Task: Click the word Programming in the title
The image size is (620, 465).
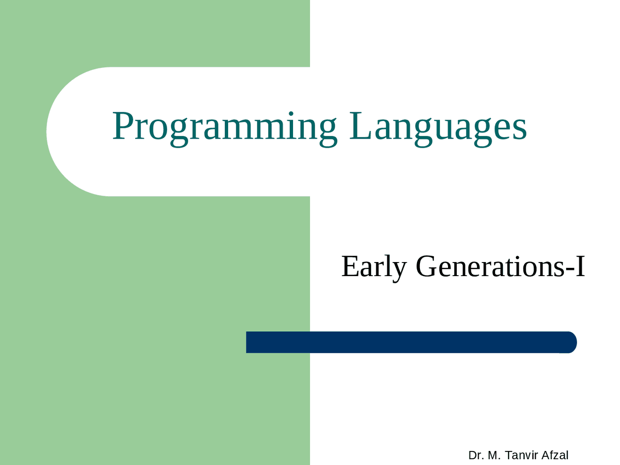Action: tap(224, 127)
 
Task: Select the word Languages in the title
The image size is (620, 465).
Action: tap(438, 127)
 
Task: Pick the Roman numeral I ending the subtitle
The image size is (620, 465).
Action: tap(580, 266)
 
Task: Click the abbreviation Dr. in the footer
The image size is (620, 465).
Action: tap(476, 455)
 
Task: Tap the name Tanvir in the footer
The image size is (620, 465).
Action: tap(521, 455)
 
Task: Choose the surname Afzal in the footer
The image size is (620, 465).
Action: tap(555, 455)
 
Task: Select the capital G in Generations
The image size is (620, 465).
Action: tap(427, 266)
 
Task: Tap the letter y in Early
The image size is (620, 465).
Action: tap(399, 269)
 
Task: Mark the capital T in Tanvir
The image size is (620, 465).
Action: tap(508, 455)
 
